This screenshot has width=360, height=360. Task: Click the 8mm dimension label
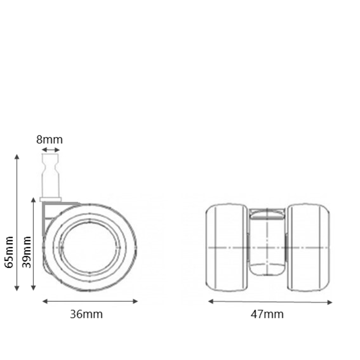pos(49,140)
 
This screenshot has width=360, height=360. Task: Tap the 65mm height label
pos(9,252)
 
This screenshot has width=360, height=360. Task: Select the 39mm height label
pos(27,252)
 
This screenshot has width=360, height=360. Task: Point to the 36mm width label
pos(86,314)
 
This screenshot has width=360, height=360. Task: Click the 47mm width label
pos(267,314)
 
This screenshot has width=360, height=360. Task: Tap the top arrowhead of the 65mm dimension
pos(17,156)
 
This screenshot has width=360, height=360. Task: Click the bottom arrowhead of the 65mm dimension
pos(17,288)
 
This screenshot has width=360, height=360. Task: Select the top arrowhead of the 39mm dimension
pos(33,200)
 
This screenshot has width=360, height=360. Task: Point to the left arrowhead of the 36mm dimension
pos(45,301)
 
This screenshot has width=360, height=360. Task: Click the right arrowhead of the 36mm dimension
pos(135,301)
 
